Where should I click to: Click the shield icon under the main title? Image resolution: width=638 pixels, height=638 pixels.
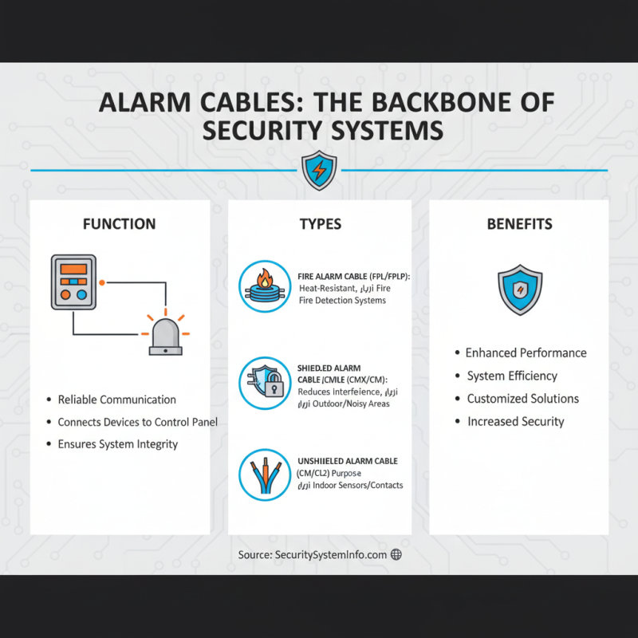click(x=319, y=171)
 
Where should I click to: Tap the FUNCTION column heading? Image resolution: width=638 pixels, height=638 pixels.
click(x=120, y=224)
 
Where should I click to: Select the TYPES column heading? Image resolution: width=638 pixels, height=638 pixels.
click(x=320, y=224)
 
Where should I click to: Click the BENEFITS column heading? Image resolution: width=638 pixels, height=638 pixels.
click(x=519, y=224)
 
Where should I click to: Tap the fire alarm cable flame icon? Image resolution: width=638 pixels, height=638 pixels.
click(x=264, y=286)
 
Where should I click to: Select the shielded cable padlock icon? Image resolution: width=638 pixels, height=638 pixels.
click(x=264, y=382)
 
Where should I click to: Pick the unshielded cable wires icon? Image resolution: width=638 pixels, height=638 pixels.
click(x=264, y=475)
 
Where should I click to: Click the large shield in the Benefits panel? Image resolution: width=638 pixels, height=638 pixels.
click(x=519, y=289)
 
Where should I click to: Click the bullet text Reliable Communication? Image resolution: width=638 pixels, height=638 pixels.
click(x=116, y=400)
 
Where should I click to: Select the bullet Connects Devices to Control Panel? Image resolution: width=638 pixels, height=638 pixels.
click(x=137, y=422)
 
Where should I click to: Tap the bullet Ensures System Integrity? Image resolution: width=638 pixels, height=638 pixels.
click(x=117, y=444)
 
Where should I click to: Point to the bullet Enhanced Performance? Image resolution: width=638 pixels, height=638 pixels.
click(x=526, y=352)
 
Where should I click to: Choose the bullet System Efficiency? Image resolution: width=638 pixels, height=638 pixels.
click(x=512, y=376)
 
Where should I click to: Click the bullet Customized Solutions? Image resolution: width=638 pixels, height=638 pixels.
click(x=522, y=399)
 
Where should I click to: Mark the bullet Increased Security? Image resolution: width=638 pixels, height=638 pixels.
click(x=515, y=421)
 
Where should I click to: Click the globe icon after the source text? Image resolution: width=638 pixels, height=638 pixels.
click(x=396, y=554)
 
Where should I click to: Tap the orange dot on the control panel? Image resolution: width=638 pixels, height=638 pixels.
click(x=102, y=282)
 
